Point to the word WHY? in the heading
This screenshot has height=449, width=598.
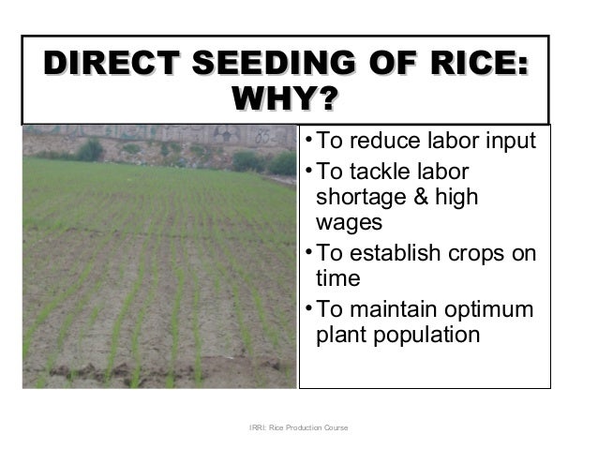285,100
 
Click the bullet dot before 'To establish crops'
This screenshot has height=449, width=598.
309,254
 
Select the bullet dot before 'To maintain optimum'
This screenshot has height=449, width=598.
309,308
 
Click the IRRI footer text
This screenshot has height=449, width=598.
298,428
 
